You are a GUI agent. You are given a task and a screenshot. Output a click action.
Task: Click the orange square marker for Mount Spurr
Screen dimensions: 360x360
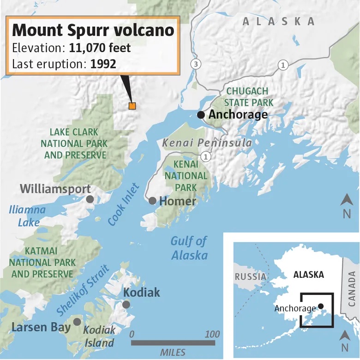[x=132, y=106]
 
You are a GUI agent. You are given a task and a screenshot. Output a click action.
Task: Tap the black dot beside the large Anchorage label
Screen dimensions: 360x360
[x=201, y=114]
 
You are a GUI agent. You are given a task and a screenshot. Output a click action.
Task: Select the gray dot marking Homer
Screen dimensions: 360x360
[x=152, y=201]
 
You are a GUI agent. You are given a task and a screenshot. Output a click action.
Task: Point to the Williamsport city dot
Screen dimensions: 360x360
[x=90, y=199]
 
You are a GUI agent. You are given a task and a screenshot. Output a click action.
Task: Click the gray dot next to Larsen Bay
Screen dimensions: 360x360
[x=77, y=322]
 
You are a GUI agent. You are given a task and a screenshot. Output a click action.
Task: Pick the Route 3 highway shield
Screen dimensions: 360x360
[x=196, y=64]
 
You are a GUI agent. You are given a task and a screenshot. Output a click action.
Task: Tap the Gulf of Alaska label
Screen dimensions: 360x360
[x=189, y=248]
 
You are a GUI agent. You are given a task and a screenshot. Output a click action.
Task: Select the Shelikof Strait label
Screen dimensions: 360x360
[x=84, y=289]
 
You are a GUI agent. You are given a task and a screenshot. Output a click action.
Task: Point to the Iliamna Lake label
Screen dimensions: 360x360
[x=27, y=216]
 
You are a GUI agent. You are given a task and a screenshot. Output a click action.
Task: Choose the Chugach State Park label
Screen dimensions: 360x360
[x=249, y=97]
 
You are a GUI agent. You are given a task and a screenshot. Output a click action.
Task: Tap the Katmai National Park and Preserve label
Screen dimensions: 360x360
[x=42, y=262]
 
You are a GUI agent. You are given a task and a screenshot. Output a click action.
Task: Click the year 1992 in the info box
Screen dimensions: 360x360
[x=103, y=64]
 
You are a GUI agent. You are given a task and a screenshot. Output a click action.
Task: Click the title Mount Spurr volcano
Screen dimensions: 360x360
[x=93, y=30]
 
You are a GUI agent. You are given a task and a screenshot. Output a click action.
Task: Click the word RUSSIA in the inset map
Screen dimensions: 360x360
[x=251, y=276]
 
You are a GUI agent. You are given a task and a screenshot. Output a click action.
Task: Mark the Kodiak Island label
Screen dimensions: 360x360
[x=99, y=336]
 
